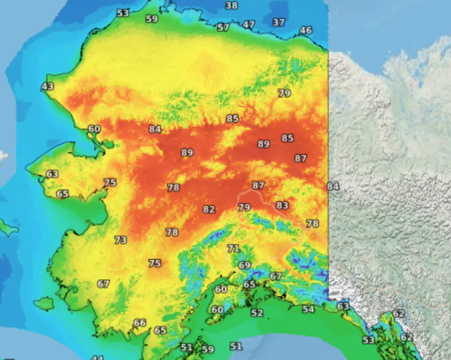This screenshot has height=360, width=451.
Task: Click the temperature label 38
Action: coord(231,5)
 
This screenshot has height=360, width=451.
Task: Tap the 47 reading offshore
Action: coord(249,25)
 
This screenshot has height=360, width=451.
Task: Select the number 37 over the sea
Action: coord(279,23)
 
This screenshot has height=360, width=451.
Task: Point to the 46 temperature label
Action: coord(306,30)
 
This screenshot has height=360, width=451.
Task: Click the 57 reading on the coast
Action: coord(223,27)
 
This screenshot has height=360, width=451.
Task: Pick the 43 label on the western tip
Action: coord(48,86)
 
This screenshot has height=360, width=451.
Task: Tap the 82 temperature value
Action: coord(209,210)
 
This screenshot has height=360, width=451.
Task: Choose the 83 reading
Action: coord(282,206)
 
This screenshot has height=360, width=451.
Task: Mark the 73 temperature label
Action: coord(121,240)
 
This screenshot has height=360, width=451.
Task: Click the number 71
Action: coord(233,249)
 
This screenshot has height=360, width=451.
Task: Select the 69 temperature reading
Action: coord(244,266)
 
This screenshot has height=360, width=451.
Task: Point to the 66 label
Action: coord(140,323)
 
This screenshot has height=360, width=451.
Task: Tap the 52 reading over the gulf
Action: coord(257,313)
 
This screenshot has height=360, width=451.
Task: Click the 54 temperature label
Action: coord(308,309)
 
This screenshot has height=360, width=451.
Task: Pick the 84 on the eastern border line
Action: coord(333,186)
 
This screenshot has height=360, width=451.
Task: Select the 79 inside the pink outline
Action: coord(244,208)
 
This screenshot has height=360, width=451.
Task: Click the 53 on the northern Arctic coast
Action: coord(123,13)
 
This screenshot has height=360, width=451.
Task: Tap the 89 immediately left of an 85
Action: coord(263,144)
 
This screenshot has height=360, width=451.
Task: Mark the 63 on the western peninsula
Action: coord(52,174)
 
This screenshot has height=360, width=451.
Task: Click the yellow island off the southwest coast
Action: coord(44,303)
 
